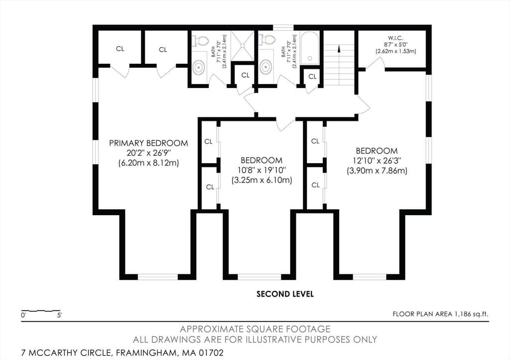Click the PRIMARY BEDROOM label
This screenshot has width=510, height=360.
tap(148, 143)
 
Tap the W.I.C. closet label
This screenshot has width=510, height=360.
tap(395, 38)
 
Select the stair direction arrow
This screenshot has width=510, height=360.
tap(339, 49)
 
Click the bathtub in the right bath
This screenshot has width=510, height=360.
tap(310, 48)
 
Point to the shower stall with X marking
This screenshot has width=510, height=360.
tap(243, 45)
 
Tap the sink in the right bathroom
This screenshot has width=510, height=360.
tap(266, 67)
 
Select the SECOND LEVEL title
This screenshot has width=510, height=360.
tap(285, 294)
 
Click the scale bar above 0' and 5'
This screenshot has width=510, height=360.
tap(41, 311)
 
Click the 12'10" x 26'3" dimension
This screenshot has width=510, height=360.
tap(377, 161)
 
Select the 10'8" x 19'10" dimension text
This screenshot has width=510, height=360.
tap(261, 170)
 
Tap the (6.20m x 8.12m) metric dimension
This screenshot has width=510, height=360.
tap(148, 163)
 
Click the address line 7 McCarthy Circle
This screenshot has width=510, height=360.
tap(123, 353)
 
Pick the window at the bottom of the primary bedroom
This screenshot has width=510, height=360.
tap(158, 277)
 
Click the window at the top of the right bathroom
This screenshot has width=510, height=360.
tap(283, 28)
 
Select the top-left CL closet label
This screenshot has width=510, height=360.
tap(120, 49)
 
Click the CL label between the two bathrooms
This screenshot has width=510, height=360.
tap(246, 75)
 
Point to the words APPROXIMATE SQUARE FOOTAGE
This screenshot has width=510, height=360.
tap(255, 329)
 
